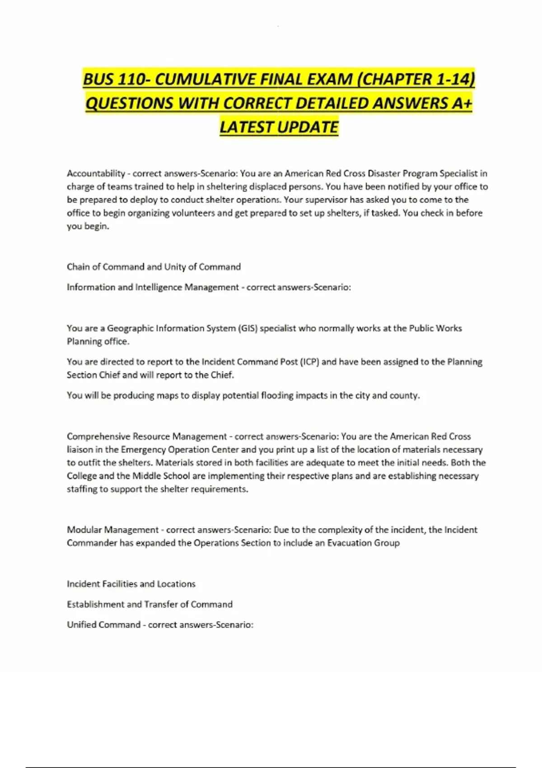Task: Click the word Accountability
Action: point(96,173)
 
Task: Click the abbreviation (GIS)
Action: point(247,328)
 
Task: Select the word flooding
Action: point(277,395)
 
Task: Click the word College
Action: point(82,476)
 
